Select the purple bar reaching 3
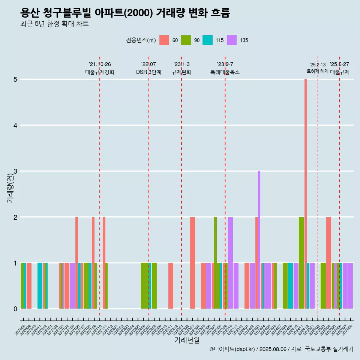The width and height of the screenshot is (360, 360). coord(259,240)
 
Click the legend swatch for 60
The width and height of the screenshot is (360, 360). coord(164,40)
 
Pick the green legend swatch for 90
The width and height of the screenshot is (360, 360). coord(186,40)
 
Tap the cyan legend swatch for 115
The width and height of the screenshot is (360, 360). coord(207,40)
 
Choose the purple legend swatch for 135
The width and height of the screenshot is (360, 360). coord(232,40)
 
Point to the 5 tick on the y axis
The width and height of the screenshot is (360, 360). coord(16,79)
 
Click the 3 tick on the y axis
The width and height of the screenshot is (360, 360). coord(16,171)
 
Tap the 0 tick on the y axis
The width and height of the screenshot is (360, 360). coord(16,309)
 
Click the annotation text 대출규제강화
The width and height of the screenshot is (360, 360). coord(100,72)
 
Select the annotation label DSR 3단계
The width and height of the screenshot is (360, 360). coord(149,72)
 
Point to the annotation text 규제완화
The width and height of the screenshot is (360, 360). coord(181,72)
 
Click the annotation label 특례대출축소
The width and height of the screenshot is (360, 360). coord(225,72)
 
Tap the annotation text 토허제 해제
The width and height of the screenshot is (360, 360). coord(318,71)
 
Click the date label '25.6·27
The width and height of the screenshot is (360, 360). coord(339,64)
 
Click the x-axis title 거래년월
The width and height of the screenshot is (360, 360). coord(187,340)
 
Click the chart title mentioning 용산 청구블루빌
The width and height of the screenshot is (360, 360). coord(125,13)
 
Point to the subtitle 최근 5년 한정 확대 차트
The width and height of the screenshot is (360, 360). coord(54,24)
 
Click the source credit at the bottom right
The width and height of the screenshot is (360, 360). coord(281,349)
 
